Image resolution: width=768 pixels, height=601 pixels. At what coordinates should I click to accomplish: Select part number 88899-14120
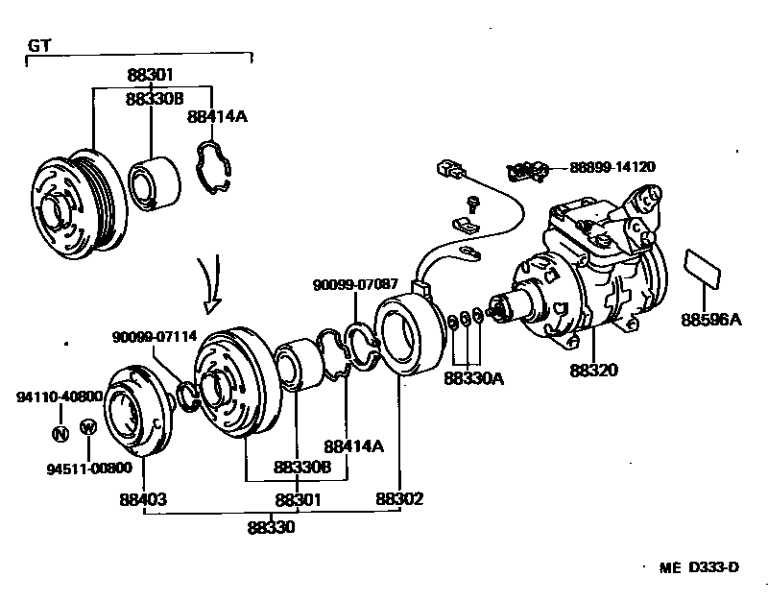[x=612, y=167]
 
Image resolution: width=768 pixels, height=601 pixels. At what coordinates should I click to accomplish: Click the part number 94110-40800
[x=60, y=397]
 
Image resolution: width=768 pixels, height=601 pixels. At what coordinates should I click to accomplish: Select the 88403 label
[x=143, y=499]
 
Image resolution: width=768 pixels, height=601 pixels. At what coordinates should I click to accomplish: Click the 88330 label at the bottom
[x=271, y=527]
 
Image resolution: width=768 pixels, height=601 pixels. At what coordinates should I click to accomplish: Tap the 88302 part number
[x=399, y=499]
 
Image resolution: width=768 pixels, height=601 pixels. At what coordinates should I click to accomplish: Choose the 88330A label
[x=473, y=377]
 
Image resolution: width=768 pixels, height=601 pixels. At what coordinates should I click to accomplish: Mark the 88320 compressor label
[x=591, y=370]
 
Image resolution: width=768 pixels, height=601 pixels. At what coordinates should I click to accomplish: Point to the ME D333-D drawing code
[x=699, y=567]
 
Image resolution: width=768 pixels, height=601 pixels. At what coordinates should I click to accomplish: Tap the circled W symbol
[x=87, y=427]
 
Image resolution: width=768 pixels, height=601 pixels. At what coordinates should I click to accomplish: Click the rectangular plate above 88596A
[x=703, y=268]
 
